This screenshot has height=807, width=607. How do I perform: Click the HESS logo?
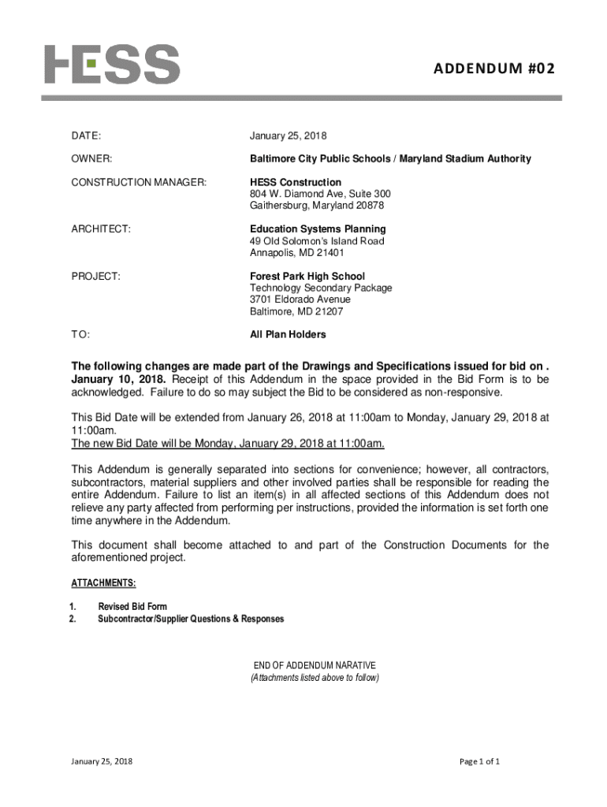point(111,64)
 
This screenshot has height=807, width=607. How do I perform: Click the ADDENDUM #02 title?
point(493,69)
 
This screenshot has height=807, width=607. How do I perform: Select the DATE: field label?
point(86,136)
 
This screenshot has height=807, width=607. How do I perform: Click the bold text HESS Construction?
point(296,183)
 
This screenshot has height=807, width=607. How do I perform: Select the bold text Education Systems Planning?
point(318,229)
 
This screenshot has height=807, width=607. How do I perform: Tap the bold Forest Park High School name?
point(307,277)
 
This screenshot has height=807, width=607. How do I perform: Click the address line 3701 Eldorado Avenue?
point(300,299)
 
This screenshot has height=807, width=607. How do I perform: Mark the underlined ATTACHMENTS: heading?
point(104,583)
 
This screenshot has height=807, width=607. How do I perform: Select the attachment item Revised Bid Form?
point(132,607)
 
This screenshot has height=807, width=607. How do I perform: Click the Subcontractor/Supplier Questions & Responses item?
point(191,619)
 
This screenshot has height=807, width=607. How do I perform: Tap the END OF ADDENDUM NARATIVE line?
point(315,665)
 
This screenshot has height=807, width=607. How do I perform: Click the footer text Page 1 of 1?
point(480,762)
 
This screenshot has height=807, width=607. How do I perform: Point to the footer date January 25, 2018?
point(102,762)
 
